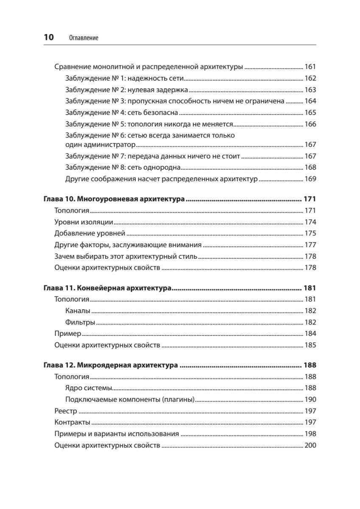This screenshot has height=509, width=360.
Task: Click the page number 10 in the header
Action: pyautogui.click(x=49, y=37)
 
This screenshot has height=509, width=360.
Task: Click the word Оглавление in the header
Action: pyautogui.click(x=83, y=38)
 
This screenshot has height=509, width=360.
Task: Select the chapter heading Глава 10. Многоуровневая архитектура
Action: pyautogui.click(x=114, y=199)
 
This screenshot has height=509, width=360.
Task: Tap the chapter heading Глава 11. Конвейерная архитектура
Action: pyautogui.click(x=107, y=288)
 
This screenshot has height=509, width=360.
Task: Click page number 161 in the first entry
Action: pyautogui.click(x=310, y=67)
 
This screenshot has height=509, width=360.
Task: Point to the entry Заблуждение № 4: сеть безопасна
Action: pyautogui.click(x=122, y=113)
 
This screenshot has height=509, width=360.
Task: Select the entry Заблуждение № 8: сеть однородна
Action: pyautogui.click(x=123, y=168)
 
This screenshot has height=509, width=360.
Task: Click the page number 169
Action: pyautogui.click(x=310, y=179)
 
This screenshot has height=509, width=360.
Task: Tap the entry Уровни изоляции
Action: pyautogui.click(x=84, y=222)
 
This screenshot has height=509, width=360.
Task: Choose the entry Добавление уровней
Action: pyautogui.click(x=90, y=233)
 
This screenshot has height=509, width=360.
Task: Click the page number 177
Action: pyautogui.click(x=310, y=245)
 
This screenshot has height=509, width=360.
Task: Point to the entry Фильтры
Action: pyautogui.click(x=80, y=322)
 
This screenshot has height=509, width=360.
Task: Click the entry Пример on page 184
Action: pyautogui.click(x=68, y=334)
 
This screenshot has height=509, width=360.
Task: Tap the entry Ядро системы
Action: pyautogui.click(x=89, y=388)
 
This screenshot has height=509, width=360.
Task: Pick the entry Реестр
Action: pyautogui.click(x=66, y=411)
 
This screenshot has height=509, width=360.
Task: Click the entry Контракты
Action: pyautogui.click(x=72, y=422)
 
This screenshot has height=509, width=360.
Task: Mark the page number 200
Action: pyautogui.click(x=310, y=445)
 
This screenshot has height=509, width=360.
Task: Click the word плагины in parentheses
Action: pyautogui.click(x=178, y=400)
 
